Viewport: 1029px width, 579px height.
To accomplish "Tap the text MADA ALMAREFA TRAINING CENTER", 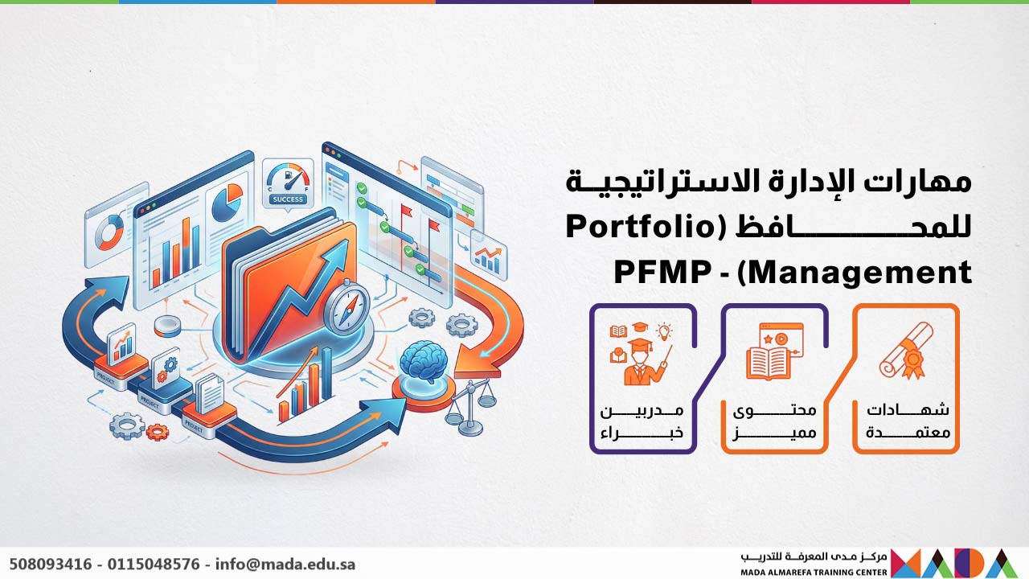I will [814, 572].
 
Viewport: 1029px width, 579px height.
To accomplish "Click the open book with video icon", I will [774, 351].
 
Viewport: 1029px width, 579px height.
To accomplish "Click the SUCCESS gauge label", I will [287, 199].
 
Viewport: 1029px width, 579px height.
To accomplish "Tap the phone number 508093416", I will [49, 564].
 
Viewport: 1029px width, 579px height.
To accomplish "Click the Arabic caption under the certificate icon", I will [907, 421].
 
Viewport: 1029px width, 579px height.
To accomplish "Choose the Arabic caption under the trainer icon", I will [642, 421].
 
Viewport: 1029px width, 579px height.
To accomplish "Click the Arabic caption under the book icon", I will [774, 421].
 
